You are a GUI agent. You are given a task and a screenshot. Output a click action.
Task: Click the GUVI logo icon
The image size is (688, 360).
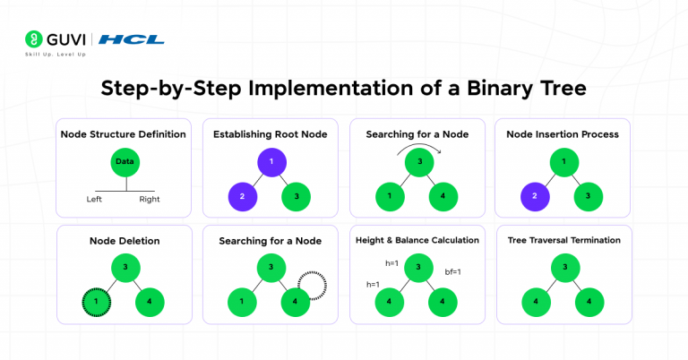(35, 39)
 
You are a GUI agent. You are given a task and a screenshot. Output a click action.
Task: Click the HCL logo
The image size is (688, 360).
(131, 39)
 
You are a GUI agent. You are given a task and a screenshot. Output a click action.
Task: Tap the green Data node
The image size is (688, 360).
(125, 164)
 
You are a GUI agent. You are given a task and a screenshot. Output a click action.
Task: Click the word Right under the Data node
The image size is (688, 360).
(150, 199)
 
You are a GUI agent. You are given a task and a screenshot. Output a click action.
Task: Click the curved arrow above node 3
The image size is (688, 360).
(417, 146)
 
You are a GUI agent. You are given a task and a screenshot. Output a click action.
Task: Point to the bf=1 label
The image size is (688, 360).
(454, 270)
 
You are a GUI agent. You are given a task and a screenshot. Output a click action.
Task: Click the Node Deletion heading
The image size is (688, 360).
(124, 241)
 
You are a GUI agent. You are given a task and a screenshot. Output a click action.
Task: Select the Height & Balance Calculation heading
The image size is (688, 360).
(417, 240)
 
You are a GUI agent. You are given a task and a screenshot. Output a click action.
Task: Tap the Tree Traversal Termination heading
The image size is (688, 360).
(563, 240)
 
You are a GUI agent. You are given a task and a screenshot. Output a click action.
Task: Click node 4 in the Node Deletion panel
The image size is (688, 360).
(150, 302)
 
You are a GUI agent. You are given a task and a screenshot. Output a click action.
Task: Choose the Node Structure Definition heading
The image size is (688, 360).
(124, 134)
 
